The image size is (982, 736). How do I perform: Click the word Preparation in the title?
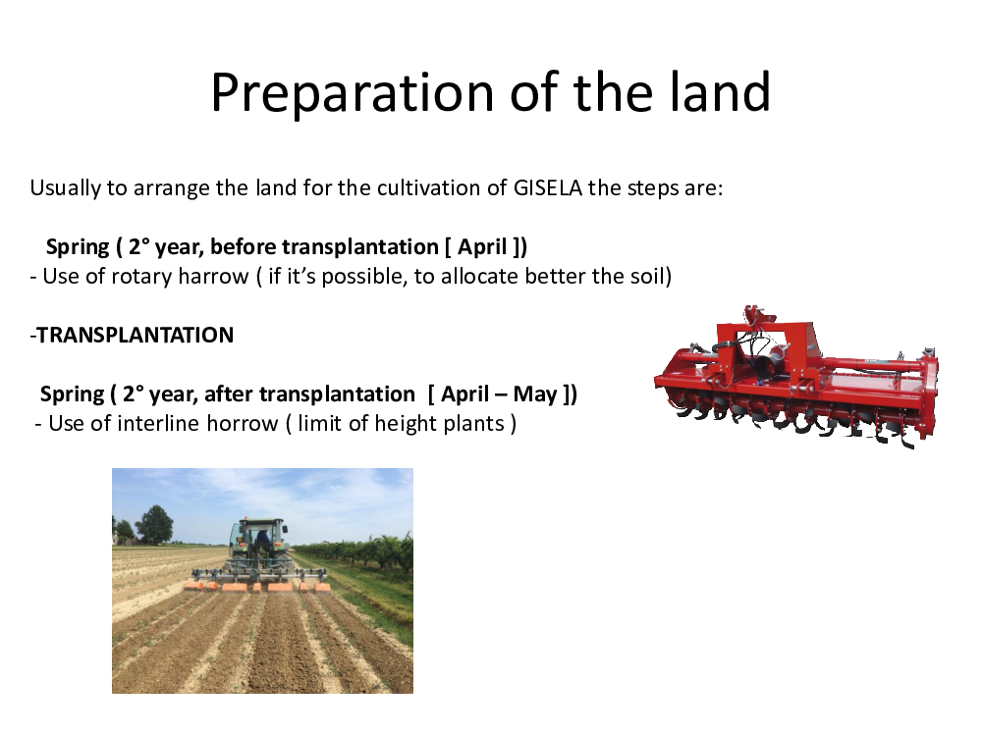click(353, 93)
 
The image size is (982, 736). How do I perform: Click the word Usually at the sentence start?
click(65, 188)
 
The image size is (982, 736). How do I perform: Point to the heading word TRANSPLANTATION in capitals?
click(136, 335)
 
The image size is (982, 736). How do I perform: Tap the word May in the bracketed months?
click(535, 394)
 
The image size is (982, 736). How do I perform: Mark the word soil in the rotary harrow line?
click(646, 276)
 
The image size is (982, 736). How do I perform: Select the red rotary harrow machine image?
click(796, 377)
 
